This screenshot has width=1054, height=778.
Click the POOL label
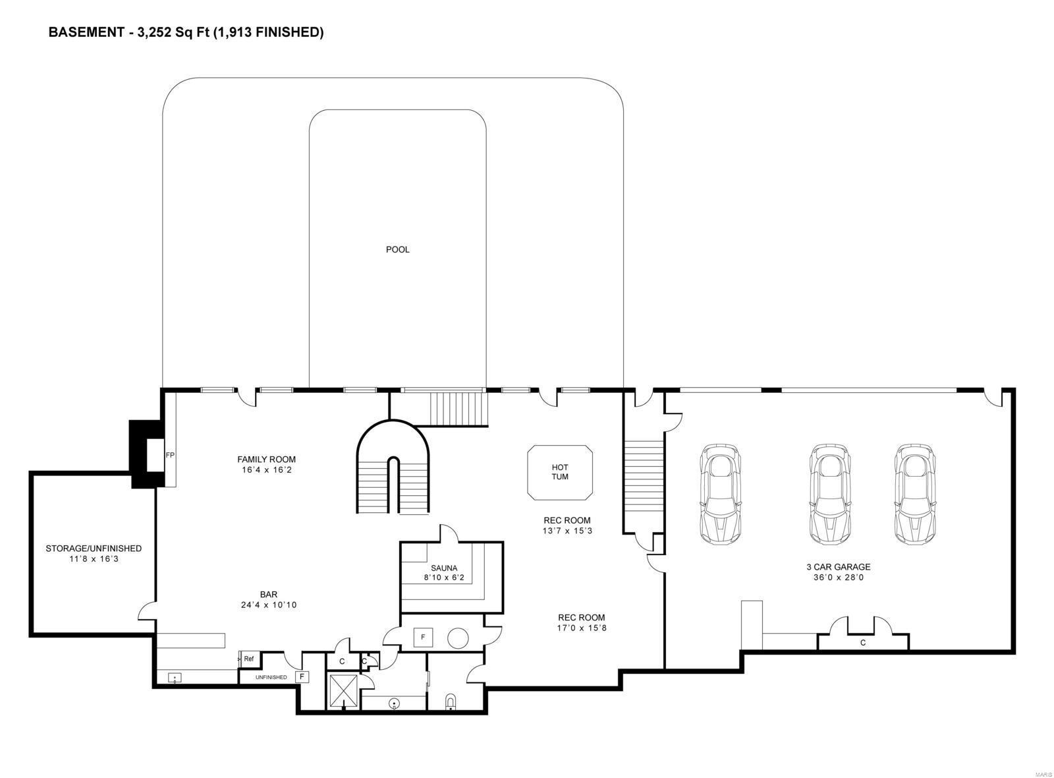tap(397, 249)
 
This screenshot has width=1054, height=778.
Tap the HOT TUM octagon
tap(560, 472)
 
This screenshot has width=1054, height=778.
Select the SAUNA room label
tap(444, 568)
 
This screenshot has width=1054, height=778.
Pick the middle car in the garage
tap(830, 494)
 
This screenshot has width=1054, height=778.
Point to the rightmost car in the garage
tap(916, 494)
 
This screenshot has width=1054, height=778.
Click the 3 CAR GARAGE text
tap(838, 566)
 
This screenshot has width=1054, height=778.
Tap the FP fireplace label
tap(170, 455)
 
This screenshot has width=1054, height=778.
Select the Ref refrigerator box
tap(249, 659)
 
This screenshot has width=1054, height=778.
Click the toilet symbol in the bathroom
tap(451, 701)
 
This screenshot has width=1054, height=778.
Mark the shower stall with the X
tap(344, 690)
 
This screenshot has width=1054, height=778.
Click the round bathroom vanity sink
tap(394, 703)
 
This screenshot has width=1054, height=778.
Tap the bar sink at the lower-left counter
tap(175, 677)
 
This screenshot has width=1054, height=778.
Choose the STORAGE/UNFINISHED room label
tap(94, 548)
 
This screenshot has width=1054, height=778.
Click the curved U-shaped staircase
tap(393, 468)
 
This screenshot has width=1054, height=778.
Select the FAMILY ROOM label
tap(266, 459)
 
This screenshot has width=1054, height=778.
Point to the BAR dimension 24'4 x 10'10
tap(269, 605)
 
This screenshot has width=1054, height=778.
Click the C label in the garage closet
tap(863, 642)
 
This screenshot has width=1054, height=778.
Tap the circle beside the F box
tap(458, 638)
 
